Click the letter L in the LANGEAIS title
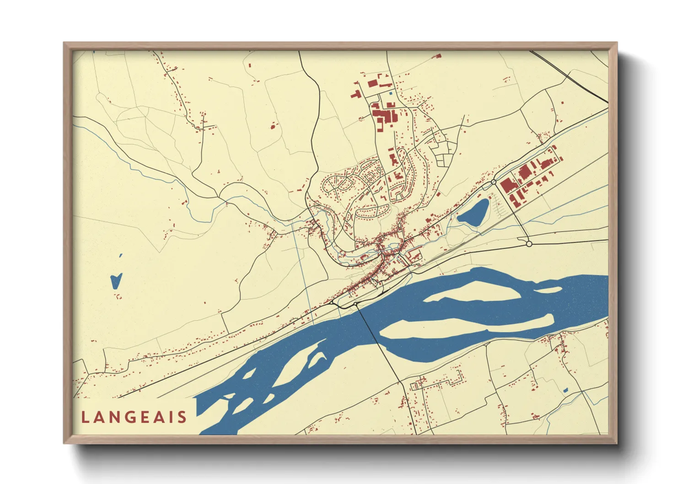85,417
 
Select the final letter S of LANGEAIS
183,417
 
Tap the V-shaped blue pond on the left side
116,280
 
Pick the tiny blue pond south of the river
566,390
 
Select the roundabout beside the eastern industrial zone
494,182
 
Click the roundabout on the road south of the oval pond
529,244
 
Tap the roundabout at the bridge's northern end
355,304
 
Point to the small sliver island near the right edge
549,290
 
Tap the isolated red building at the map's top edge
438,56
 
